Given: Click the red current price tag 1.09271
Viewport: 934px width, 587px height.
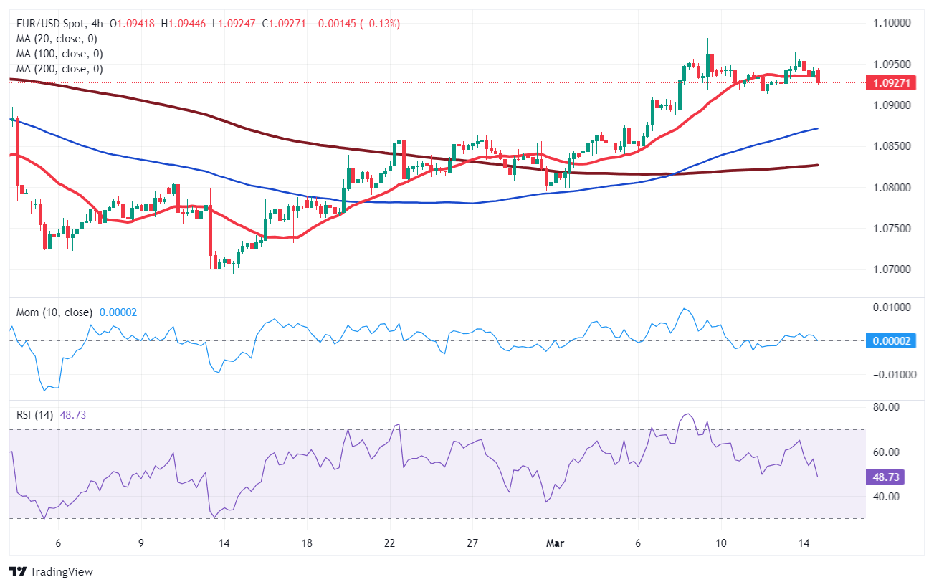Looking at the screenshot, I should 891,83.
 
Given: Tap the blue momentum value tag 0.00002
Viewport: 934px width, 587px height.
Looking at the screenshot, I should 891,341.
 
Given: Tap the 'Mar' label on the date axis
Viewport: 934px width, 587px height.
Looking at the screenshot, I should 555,543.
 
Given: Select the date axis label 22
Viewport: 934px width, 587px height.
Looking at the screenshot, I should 390,543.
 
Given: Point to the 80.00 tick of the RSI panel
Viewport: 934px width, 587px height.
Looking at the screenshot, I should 887,407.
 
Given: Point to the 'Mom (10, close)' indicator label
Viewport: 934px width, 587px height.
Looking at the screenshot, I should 54,312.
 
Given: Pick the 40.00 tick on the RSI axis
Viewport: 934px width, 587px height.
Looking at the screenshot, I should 887,497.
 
